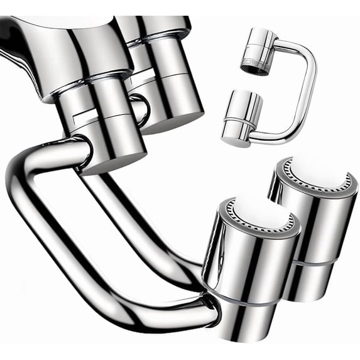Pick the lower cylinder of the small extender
(242, 116)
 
